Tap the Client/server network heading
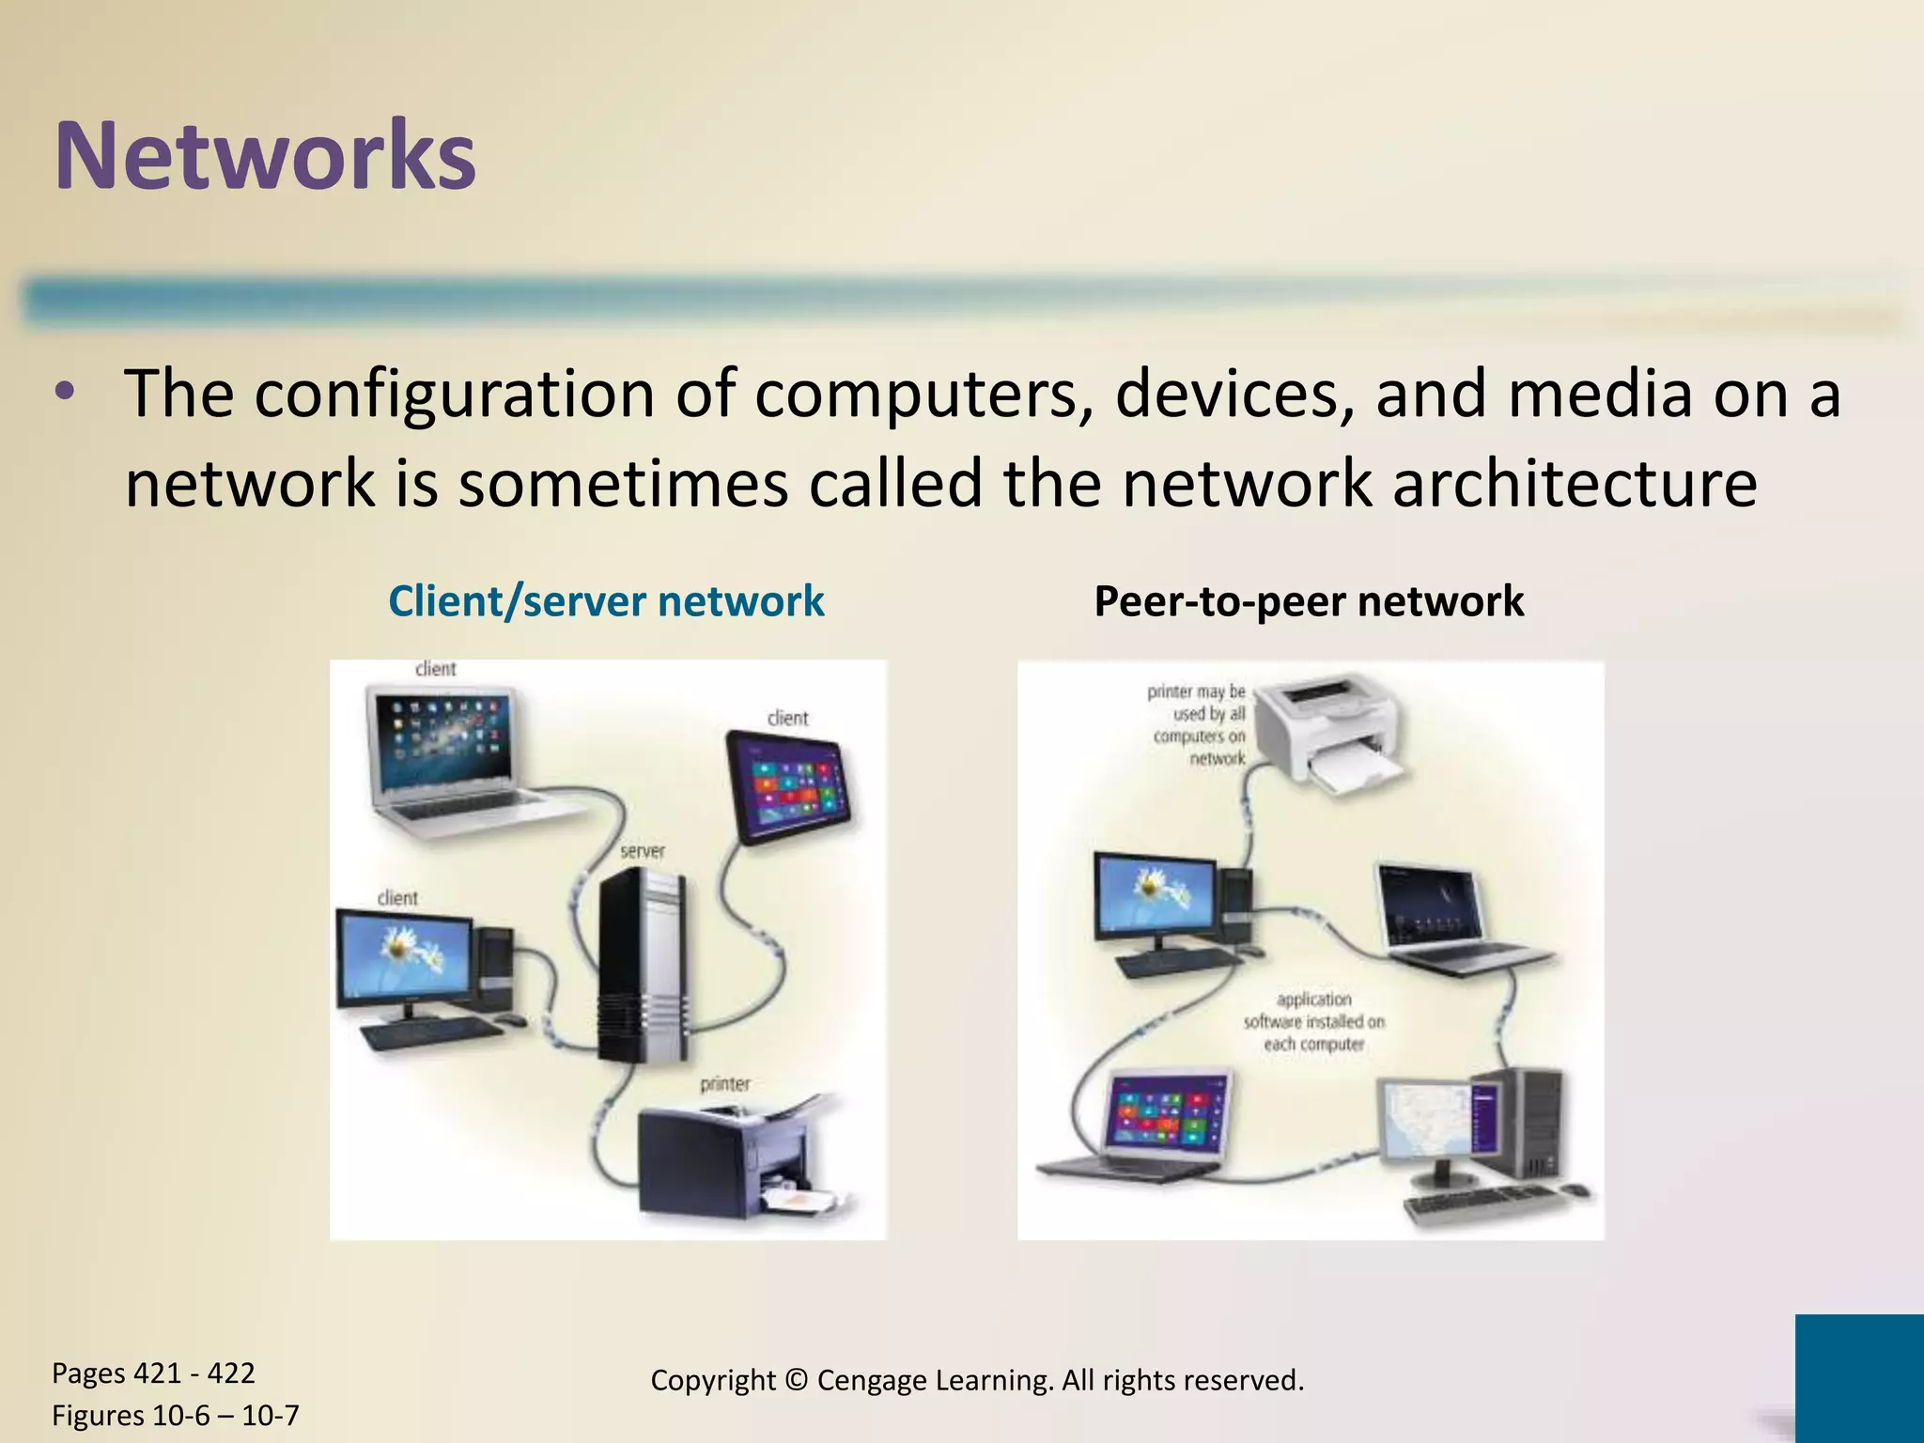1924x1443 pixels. tap(606, 601)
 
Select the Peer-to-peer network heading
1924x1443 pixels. tap(1309, 601)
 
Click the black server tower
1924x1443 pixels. tap(641, 963)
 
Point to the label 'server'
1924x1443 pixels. tap(642, 851)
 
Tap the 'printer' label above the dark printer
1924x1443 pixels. tap(724, 1084)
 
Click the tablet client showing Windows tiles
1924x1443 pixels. tap(789, 787)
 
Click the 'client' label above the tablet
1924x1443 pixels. tap(787, 719)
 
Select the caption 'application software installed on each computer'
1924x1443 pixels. tap(1313, 1022)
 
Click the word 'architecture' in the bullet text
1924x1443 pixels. tap(1575, 484)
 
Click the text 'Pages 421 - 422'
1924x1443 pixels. tap(153, 1373)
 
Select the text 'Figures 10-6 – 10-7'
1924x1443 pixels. tap(175, 1415)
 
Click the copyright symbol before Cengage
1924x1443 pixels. tap(796, 1381)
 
